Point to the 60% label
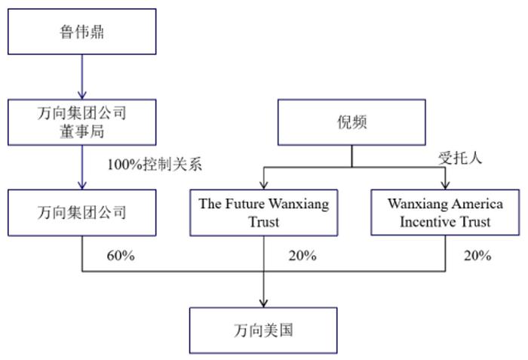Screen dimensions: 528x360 pyautogui.click(x=121, y=256)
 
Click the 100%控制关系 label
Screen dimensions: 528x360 pyautogui.click(x=155, y=165)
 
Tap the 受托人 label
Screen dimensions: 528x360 pyautogui.click(x=460, y=158)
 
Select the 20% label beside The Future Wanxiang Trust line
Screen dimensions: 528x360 pyautogui.click(x=302, y=256)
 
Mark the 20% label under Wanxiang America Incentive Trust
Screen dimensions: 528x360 pyautogui.click(x=477, y=256)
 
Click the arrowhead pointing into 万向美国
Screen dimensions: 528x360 pyautogui.click(x=264, y=303)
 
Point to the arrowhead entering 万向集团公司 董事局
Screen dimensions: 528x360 pyautogui.click(x=81, y=95)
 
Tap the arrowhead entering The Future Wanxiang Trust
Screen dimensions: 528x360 pyautogui.click(x=264, y=185)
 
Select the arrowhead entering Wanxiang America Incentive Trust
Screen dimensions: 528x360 pyautogui.click(x=445, y=185)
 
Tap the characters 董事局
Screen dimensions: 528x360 pyautogui.click(x=81, y=131)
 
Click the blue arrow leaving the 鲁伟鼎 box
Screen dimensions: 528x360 pyautogui.click(x=81, y=77)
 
